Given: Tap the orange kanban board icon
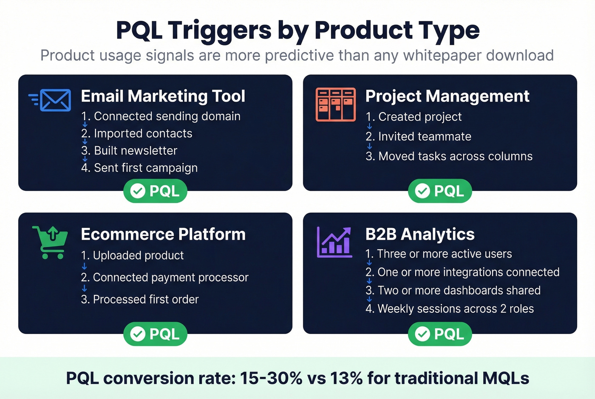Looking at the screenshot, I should (335, 105).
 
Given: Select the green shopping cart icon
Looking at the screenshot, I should (51, 242).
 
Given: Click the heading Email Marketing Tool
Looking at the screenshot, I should (163, 96).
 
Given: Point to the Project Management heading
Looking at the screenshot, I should (447, 96).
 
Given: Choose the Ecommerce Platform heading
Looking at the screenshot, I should (163, 235).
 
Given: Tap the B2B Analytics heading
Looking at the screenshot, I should (419, 235).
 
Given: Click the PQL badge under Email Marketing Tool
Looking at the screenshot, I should (156, 191).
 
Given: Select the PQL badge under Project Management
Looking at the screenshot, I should (440, 191).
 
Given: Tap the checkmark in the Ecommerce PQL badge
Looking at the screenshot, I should (138, 334).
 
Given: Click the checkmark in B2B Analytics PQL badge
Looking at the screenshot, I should (422, 334).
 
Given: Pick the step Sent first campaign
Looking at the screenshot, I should (139, 168).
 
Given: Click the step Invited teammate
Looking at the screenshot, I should (419, 136).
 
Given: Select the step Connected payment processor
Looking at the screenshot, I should (165, 277).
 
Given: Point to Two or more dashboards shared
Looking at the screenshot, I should (453, 291).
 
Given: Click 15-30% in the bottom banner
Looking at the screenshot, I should (271, 378).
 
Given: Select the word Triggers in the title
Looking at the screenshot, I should (219, 31).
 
